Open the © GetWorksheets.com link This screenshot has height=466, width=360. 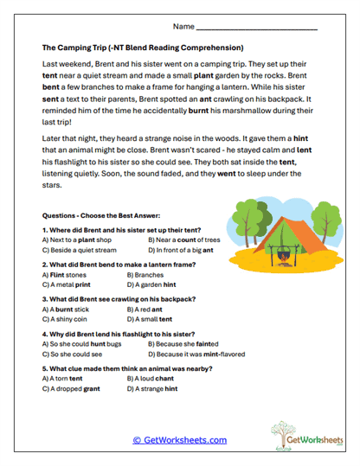pyautogui.click(x=180, y=439)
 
